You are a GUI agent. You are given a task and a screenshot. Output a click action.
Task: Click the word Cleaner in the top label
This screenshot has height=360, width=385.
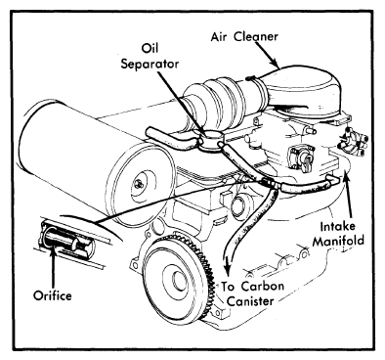tap(257, 36)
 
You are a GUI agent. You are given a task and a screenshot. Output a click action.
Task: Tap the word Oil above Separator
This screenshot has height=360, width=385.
tap(150, 48)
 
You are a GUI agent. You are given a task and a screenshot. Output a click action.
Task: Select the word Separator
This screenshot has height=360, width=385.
tap(150, 64)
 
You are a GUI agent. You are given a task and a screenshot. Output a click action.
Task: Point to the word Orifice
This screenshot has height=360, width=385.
tap(53, 295)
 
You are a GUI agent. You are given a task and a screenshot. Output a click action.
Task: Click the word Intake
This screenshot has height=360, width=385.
tap(338, 226)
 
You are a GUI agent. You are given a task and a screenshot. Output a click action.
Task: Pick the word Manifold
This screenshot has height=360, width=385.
tap(338, 241)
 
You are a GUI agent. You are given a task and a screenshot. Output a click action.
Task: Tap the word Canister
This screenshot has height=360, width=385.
tap(250, 301)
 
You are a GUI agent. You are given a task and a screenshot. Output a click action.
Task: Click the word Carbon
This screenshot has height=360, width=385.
tap(263, 287)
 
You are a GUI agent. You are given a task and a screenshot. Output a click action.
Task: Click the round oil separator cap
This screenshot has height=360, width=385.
tap(211, 140)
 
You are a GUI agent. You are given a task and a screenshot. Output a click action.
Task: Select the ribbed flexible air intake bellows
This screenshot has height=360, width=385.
tap(222, 101)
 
